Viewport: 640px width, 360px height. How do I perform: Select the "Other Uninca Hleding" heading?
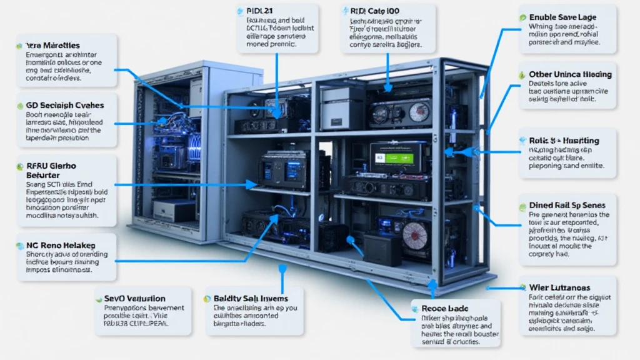point(570,74)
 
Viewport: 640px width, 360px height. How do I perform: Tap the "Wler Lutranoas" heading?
point(560,287)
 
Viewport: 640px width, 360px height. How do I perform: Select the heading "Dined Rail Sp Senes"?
point(567,204)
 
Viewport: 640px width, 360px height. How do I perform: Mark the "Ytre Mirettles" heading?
point(52,46)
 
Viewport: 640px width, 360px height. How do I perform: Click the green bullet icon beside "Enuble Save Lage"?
point(522,17)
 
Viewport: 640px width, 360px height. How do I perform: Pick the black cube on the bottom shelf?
point(382,249)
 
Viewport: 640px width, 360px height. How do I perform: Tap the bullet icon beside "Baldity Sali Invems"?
point(209,298)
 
